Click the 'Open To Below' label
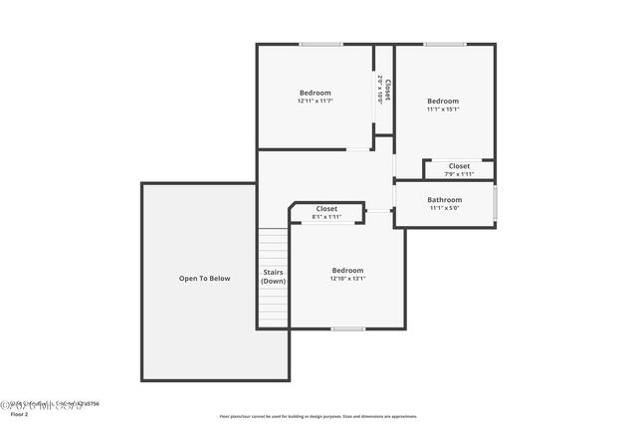click(204, 279)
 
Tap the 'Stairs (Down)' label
click(274, 276)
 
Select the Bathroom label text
click(445, 200)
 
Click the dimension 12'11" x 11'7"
click(315, 101)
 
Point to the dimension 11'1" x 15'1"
click(443, 109)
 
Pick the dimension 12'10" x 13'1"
click(347, 279)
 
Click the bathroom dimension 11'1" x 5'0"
click(445, 208)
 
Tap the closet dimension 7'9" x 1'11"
click(459, 174)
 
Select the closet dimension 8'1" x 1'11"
click(326, 217)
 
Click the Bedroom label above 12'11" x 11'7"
click(315, 93)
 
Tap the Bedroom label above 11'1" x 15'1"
click(443, 101)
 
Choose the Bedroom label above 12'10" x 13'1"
click(347, 270)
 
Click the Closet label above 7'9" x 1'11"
click(459, 166)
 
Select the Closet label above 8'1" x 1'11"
click(326, 209)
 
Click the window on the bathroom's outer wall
click(495, 203)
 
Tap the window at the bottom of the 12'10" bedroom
click(347, 328)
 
